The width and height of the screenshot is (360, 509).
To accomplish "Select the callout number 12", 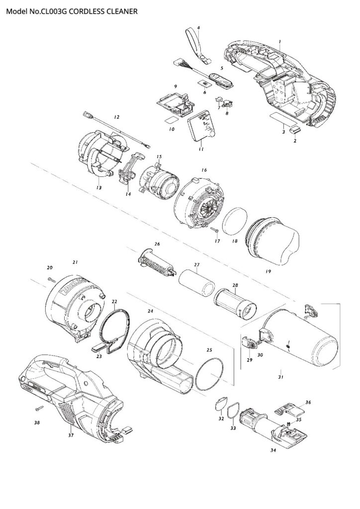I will tap(116, 117).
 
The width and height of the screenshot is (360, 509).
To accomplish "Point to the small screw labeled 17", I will tap(213, 230).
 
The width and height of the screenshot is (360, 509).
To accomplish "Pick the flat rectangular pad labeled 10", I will tap(170, 121).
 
